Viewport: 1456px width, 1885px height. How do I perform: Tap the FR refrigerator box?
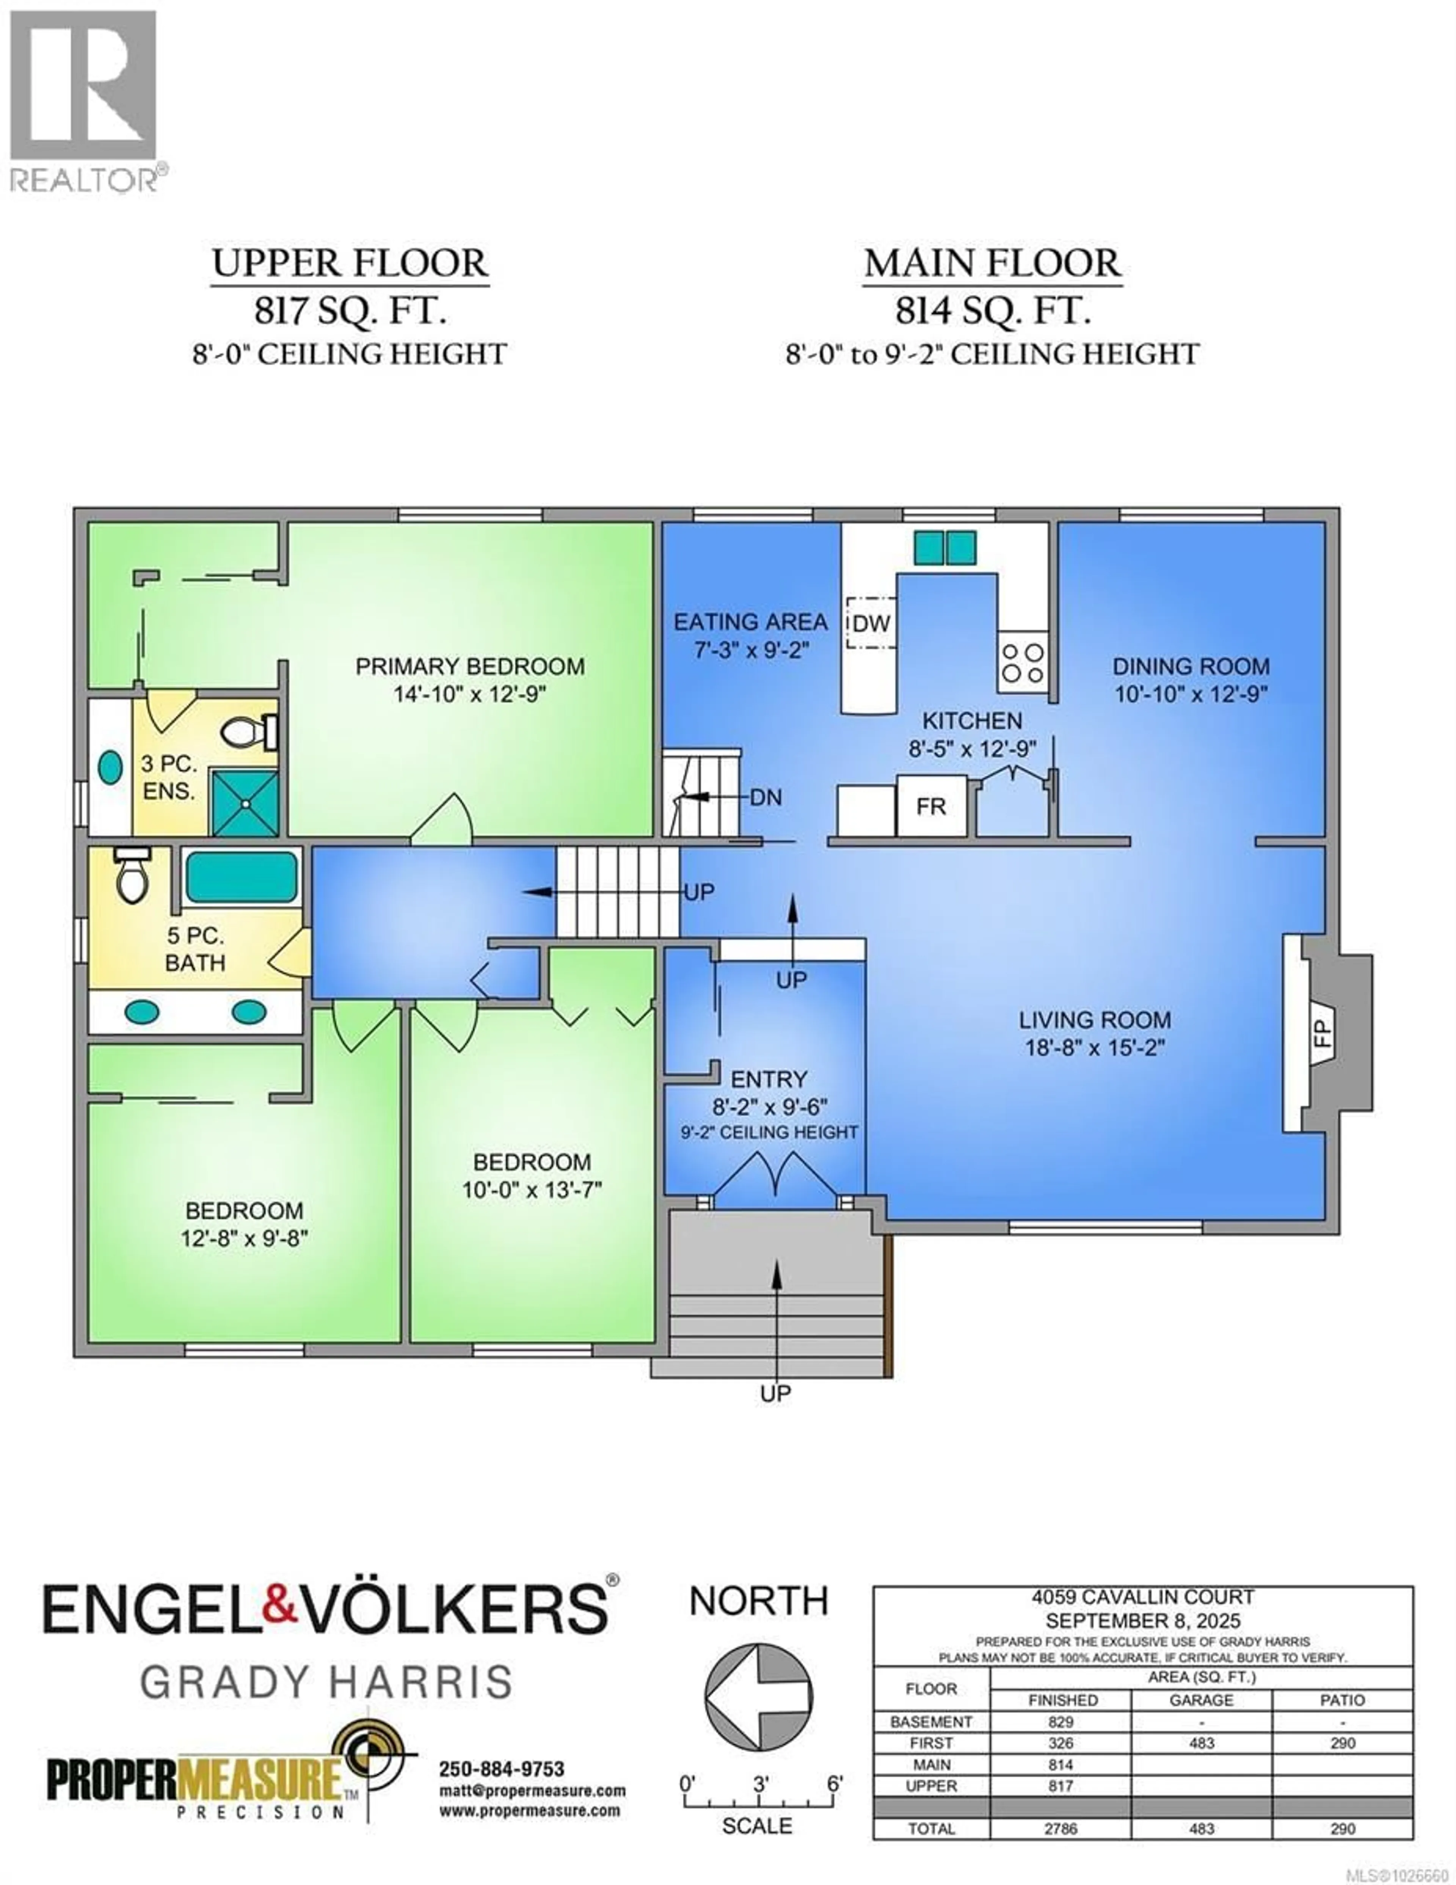coord(930,806)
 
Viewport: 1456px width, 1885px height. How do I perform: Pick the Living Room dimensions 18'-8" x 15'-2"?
coord(1094,1048)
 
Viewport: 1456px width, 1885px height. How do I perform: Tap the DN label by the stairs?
coord(766,797)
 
